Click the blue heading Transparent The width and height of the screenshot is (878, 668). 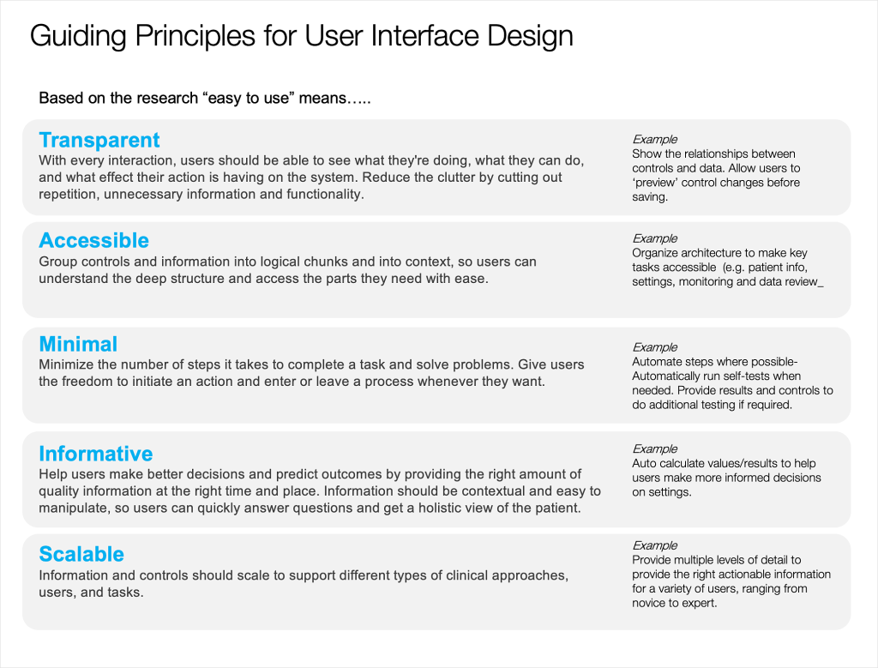[x=99, y=140]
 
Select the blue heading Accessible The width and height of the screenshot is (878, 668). [x=94, y=240]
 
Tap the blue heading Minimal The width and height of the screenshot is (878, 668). [x=78, y=344]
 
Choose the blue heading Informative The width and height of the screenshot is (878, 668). [x=96, y=454]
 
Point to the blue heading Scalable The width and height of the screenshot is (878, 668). [x=81, y=554]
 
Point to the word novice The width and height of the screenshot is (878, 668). [x=650, y=603]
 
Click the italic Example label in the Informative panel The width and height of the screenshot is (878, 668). [x=654, y=449]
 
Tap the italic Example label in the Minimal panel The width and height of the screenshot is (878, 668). [x=654, y=347]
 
